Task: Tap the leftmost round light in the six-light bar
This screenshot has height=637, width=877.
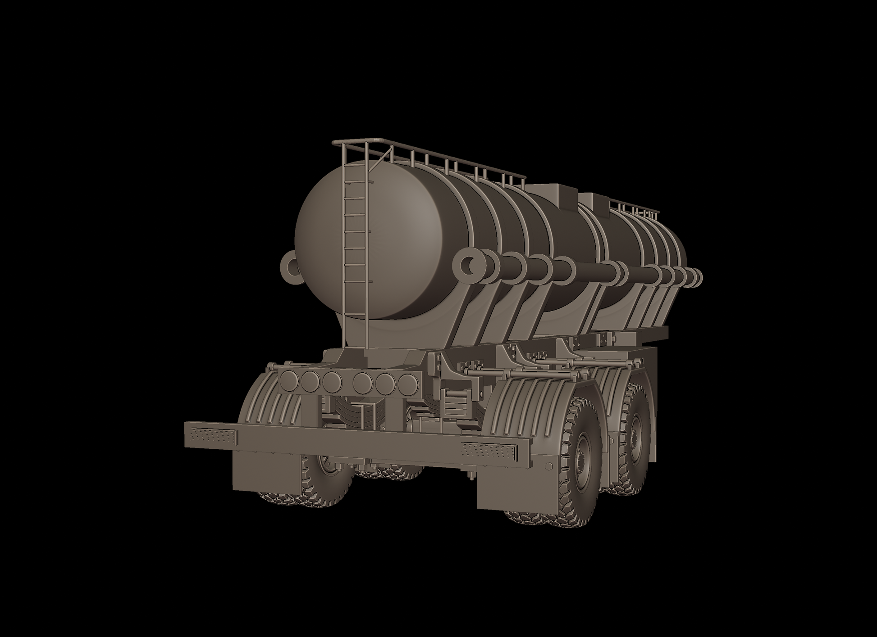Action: pyautogui.click(x=288, y=382)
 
